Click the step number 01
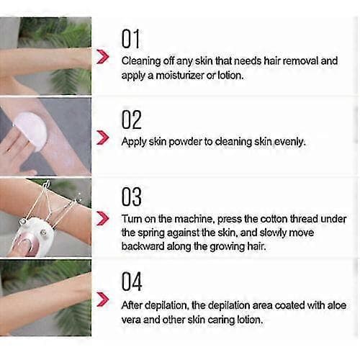tap(130, 39)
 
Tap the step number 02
tap(132, 120)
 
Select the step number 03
tap(132, 197)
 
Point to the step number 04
tap(132, 282)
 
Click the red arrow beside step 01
tap(103, 57)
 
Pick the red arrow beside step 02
tap(103, 138)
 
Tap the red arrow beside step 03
tap(103, 218)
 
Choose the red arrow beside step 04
tap(103, 300)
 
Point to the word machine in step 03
tap(194, 219)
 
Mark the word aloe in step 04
tap(337, 305)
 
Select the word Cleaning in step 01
tap(141, 61)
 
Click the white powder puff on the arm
tap(30, 130)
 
